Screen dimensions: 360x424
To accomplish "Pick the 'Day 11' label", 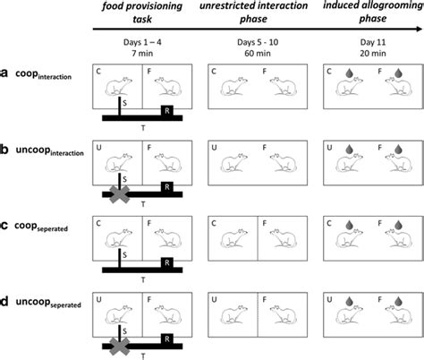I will (x=373, y=40).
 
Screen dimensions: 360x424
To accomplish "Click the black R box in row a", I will (x=165, y=111).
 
